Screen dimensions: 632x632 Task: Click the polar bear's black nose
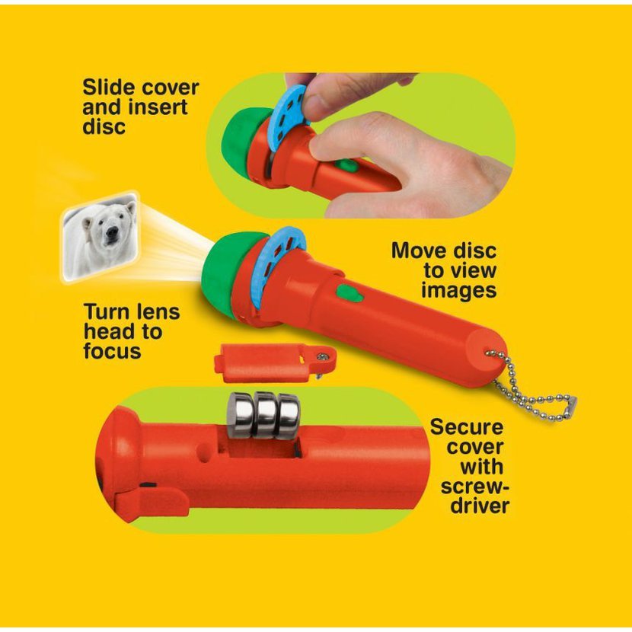coord(112,230)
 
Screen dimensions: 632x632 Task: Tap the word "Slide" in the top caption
coord(107,87)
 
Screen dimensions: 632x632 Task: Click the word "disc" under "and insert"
coord(104,126)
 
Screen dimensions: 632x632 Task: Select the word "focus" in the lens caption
coord(113,351)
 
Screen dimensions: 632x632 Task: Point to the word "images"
coord(458,290)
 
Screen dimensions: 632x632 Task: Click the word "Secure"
coord(467,427)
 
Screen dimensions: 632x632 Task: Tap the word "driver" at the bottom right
coord(480,506)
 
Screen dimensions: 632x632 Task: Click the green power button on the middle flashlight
coord(350,293)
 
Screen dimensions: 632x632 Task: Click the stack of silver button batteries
coord(264,415)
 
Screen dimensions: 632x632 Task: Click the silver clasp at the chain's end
coord(572,403)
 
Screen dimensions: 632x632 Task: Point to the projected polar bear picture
coord(101,237)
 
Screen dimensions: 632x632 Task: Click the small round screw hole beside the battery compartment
coord(205,456)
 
